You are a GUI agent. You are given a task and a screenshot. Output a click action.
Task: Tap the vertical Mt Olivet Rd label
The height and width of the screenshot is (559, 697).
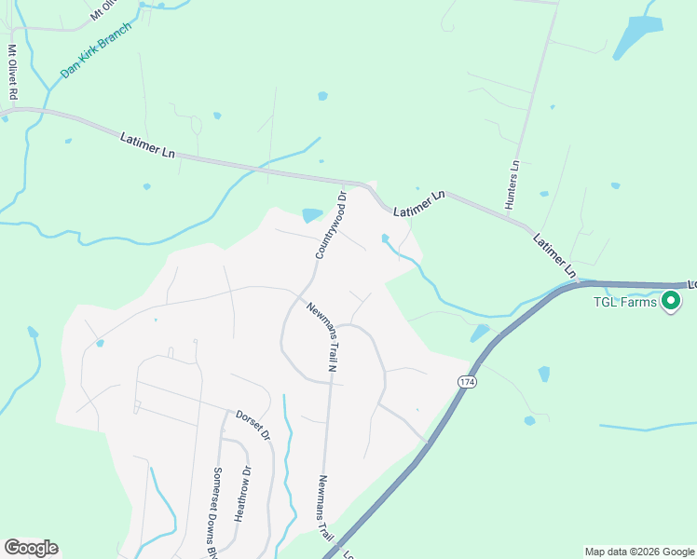[13, 73]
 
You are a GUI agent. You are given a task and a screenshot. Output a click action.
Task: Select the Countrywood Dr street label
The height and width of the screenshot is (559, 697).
[330, 225]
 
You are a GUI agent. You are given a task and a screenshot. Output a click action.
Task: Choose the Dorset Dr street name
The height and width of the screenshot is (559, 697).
[252, 425]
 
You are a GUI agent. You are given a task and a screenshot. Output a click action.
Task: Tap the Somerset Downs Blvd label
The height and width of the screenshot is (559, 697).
[217, 511]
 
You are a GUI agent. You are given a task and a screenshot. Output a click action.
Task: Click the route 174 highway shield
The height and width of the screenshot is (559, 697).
[467, 382]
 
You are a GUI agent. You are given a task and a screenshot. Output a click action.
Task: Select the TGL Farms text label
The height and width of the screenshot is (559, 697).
[625, 301]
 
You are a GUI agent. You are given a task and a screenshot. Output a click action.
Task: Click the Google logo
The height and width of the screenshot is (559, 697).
[31, 548]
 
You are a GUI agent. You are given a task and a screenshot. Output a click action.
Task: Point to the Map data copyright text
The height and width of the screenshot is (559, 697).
[639, 552]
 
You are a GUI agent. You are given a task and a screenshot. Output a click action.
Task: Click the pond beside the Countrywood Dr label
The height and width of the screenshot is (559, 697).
[311, 216]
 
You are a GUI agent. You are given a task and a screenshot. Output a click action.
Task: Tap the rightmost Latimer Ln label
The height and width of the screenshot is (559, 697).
[556, 253]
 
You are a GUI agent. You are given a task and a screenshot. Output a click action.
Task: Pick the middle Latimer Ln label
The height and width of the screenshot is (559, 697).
[418, 205]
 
